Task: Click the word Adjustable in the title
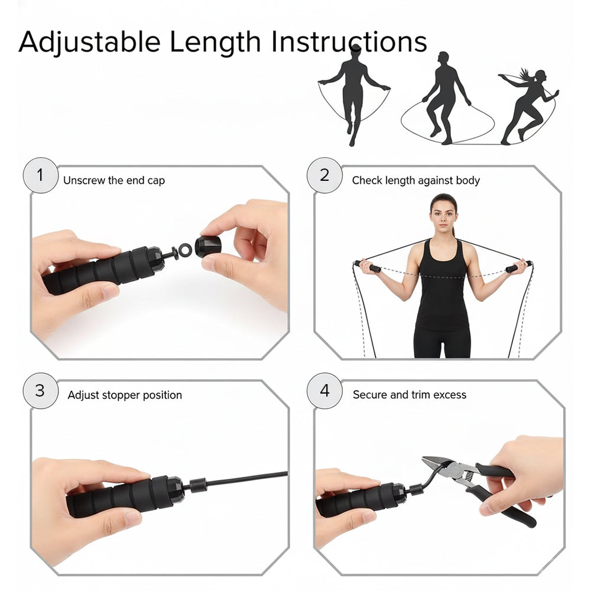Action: click(89, 43)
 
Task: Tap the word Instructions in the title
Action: click(349, 43)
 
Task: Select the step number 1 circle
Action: click(40, 176)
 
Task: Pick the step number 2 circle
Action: click(324, 176)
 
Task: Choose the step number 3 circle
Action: click(40, 391)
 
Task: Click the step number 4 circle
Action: click(324, 391)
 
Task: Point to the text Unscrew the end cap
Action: click(114, 180)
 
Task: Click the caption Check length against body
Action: click(416, 180)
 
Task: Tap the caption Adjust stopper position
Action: click(125, 395)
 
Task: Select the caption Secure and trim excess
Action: click(410, 394)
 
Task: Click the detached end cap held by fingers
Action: click(207, 246)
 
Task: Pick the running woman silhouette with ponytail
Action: click(527, 106)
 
